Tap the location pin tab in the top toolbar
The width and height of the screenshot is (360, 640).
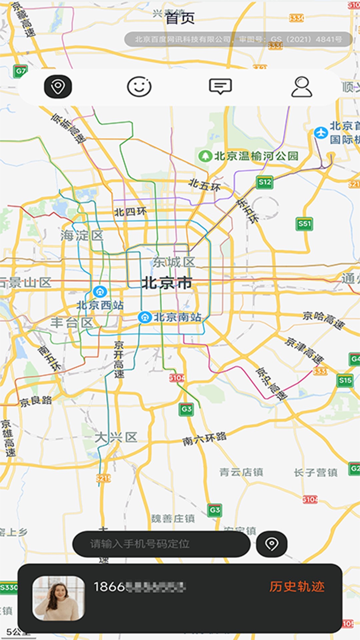point(58,87)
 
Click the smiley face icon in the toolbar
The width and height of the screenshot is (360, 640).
point(139,87)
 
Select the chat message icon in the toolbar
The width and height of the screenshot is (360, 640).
point(220,86)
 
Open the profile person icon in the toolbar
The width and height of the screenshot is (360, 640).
point(302,87)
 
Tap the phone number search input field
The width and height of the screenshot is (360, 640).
point(161,544)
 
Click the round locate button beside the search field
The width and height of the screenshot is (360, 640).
point(271,544)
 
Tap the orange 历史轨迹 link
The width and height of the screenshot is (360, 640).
point(297,587)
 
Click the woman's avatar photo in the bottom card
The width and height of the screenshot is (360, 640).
point(58,598)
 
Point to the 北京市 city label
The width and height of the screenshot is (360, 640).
point(167,283)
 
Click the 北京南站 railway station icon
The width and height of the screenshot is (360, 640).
point(145,317)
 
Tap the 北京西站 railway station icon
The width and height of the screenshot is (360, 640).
point(100,292)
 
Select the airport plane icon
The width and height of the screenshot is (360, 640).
point(321,133)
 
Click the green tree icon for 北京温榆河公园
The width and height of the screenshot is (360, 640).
point(205,156)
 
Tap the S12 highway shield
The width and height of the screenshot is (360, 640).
point(265,182)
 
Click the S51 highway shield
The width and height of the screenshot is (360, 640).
point(304,224)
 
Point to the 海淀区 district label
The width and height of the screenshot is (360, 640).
point(82,236)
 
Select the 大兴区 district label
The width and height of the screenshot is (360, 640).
point(116,437)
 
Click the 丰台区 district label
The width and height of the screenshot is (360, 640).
point(72,322)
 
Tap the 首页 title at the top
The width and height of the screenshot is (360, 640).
point(180,18)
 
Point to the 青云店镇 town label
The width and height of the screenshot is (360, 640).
point(241,472)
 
